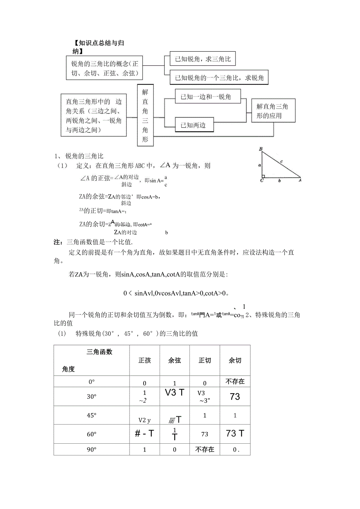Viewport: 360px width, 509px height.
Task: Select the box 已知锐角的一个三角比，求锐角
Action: [x=219, y=78]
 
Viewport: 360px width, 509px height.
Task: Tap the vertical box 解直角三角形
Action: [x=145, y=115]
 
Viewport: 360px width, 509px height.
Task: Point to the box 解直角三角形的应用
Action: [x=272, y=111]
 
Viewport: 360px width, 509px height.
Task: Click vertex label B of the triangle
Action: [x=261, y=149]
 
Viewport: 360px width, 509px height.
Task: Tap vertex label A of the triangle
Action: [x=300, y=181]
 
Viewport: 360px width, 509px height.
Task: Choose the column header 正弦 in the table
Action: [x=144, y=360]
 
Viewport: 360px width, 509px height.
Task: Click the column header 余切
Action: [x=235, y=360]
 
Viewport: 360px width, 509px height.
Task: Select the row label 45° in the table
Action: [x=92, y=415]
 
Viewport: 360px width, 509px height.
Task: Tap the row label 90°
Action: [x=92, y=450]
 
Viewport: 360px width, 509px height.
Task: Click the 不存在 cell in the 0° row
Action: [x=235, y=382]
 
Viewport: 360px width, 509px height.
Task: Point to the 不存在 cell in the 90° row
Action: [x=205, y=450]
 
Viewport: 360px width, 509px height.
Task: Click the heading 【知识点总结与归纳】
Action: [x=98, y=47]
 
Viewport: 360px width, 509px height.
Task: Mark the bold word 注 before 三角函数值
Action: [x=57, y=243]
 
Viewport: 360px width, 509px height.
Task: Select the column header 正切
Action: [x=205, y=360]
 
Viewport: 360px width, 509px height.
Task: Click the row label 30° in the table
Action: [x=92, y=396]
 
